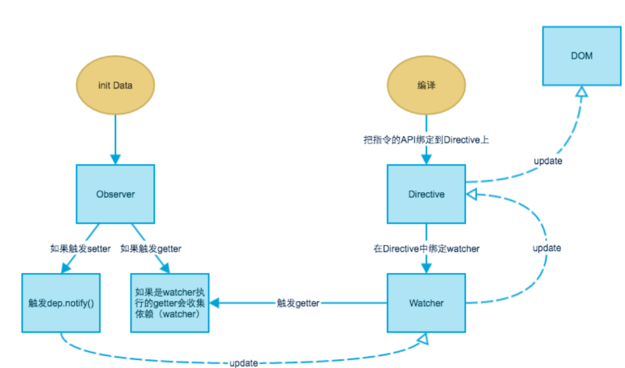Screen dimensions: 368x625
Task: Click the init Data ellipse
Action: coord(115,85)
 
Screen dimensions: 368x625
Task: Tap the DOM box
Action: coord(581,56)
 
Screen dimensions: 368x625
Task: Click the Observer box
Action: coord(115,194)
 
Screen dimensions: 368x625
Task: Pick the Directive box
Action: coord(426,194)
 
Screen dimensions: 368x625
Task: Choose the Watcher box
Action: coord(426,302)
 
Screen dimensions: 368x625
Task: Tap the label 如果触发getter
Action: coord(151,249)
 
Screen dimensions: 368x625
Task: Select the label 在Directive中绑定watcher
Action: coord(426,249)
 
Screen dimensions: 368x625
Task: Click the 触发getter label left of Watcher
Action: coord(298,302)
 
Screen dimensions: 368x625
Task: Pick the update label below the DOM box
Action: coord(549,160)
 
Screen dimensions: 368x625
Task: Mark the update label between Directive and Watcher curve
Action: coord(547,248)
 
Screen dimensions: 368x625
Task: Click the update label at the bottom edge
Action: coord(243,363)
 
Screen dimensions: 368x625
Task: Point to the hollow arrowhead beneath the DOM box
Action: coord(581,92)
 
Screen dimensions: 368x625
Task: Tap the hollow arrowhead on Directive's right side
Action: coord(473,194)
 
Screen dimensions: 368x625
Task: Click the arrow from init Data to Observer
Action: coord(115,140)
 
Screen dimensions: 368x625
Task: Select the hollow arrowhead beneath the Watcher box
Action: coord(422,339)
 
